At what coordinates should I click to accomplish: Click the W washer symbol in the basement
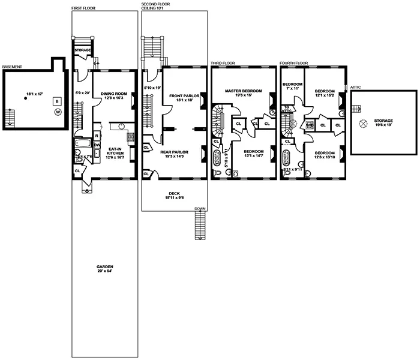tap(58, 112)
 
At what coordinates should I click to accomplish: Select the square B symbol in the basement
tap(56, 101)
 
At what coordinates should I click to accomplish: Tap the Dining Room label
tap(113, 95)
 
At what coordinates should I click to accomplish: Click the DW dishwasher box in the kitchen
tap(97, 145)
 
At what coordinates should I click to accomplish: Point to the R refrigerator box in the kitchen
tap(97, 136)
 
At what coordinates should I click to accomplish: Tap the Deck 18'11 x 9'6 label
tap(175, 195)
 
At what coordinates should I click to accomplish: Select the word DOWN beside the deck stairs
tap(199, 209)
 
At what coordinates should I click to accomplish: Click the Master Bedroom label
tap(241, 93)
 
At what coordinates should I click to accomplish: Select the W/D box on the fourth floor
tap(310, 125)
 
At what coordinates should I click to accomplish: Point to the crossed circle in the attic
tap(363, 123)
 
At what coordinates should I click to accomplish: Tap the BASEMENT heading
tap(13, 67)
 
